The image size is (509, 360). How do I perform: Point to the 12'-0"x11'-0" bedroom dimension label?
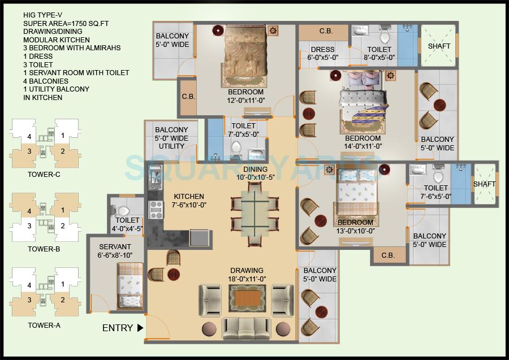point(245,101)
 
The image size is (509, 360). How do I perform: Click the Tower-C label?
point(44,175)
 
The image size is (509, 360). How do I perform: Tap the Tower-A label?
point(44,325)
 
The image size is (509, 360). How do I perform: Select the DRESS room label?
point(322,54)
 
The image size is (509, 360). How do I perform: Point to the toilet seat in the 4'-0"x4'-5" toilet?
point(120,210)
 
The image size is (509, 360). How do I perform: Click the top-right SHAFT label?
point(439,45)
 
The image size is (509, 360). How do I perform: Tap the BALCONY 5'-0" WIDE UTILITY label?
point(171,138)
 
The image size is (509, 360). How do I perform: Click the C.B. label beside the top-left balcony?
point(188,97)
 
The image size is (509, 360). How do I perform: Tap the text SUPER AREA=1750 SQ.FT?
point(63,23)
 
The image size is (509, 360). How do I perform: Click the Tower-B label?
point(44,249)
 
